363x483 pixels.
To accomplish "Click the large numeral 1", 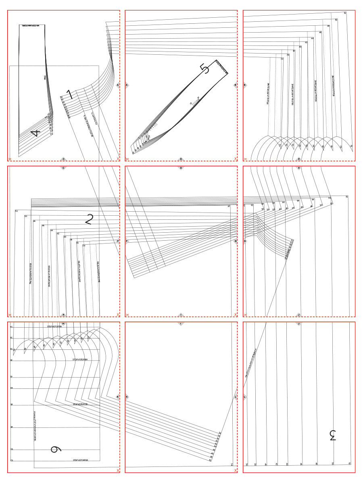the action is click(69, 95).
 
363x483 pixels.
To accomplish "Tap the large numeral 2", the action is click(90, 219).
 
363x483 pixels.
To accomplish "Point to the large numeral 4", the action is click(35, 132).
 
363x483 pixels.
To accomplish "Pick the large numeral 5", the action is click(205, 69).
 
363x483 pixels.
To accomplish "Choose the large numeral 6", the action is click(56, 449).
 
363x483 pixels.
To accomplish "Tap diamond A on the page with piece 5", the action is click(127, 85).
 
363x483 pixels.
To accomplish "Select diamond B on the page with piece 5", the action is click(235, 85).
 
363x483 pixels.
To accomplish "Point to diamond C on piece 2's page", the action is click(63, 168).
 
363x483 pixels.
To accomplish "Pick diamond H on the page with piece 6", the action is click(63, 324).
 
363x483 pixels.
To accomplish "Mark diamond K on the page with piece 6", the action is click(117, 397).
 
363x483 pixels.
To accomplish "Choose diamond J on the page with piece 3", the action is click(299, 324).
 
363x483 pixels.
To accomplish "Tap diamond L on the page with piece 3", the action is click(245, 397).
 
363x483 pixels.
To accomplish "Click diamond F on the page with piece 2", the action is click(117, 242).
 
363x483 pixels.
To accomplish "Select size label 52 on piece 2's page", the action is click(17, 211).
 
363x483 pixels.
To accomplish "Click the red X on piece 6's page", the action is click(117, 470).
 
